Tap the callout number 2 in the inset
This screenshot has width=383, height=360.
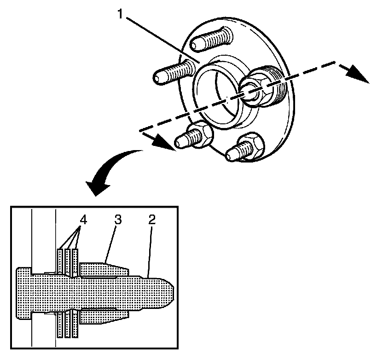(x=152, y=220)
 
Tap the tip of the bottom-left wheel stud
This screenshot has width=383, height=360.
(x=181, y=141)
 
